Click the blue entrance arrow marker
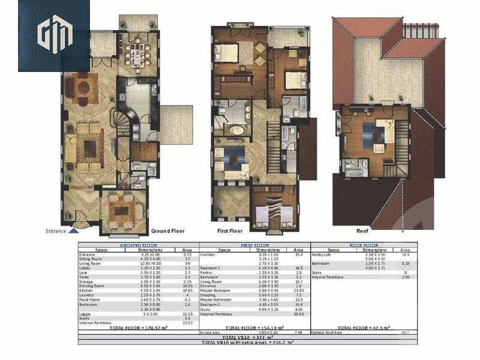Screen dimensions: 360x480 pos(73,229)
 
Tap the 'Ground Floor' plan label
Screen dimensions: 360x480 pos(168,230)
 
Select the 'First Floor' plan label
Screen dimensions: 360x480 pos(230,230)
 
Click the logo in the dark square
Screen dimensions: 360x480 pos(54,34)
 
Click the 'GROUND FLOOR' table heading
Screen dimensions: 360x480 pos(138,245)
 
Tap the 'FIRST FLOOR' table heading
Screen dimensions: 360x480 pos(254,245)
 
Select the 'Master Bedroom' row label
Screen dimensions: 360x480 pos(214,290)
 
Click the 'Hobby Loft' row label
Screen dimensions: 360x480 pos(322,255)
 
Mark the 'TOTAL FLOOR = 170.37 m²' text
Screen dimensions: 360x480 pos(139,328)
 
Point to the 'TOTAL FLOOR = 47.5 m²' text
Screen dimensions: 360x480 pos(365,328)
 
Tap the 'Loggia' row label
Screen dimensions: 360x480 pos(85,313)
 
